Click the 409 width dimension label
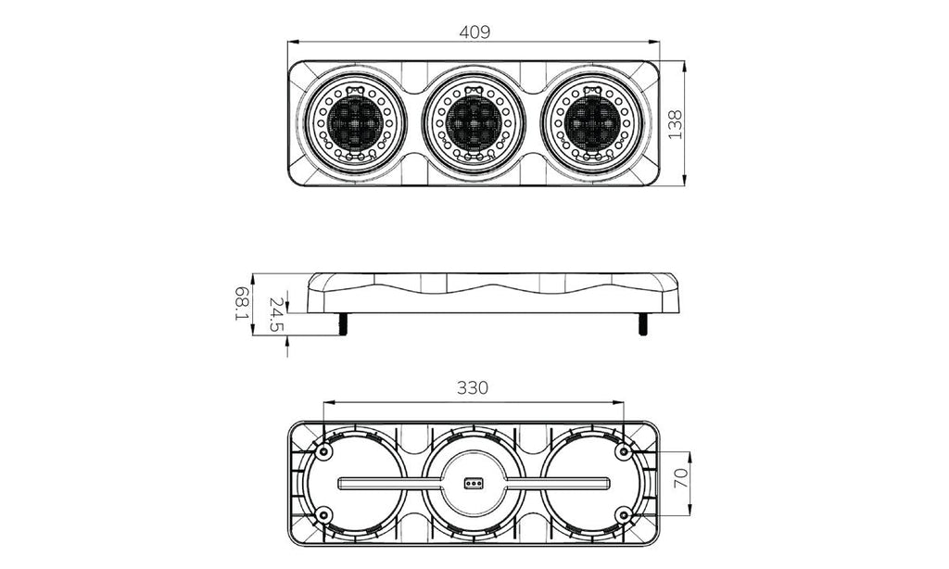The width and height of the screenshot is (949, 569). pyautogui.click(x=474, y=32)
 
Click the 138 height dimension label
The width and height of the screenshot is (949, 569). pyautogui.click(x=676, y=124)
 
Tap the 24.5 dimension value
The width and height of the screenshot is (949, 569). pyautogui.click(x=276, y=315)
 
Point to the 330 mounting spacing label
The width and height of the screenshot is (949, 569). pyautogui.click(x=472, y=387)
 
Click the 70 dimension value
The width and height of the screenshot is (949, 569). pyautogui.click(x=681, y=479)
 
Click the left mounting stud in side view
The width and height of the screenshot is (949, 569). pyautogui.click(x=343, y=323)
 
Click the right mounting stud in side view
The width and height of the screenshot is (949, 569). pyautogui.click(x=642, y=323)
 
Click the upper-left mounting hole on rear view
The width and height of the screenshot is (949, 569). pyautogui.click(x=324, y=451)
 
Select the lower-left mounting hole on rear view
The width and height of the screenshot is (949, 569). pyautogui.click(x=324, y=515)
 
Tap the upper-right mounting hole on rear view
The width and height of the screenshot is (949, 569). pyautogui.click(x=624, y=451)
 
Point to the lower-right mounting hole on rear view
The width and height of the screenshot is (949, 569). pyautogui.click(x=624, y=515)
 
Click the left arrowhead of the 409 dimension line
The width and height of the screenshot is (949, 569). pyautogui.click(x=293, y=43)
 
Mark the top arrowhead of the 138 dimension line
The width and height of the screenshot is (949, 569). pyautogui.click(x=684, y=66)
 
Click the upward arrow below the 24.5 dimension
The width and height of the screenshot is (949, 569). pyautogui.click(x=287, y=347)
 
